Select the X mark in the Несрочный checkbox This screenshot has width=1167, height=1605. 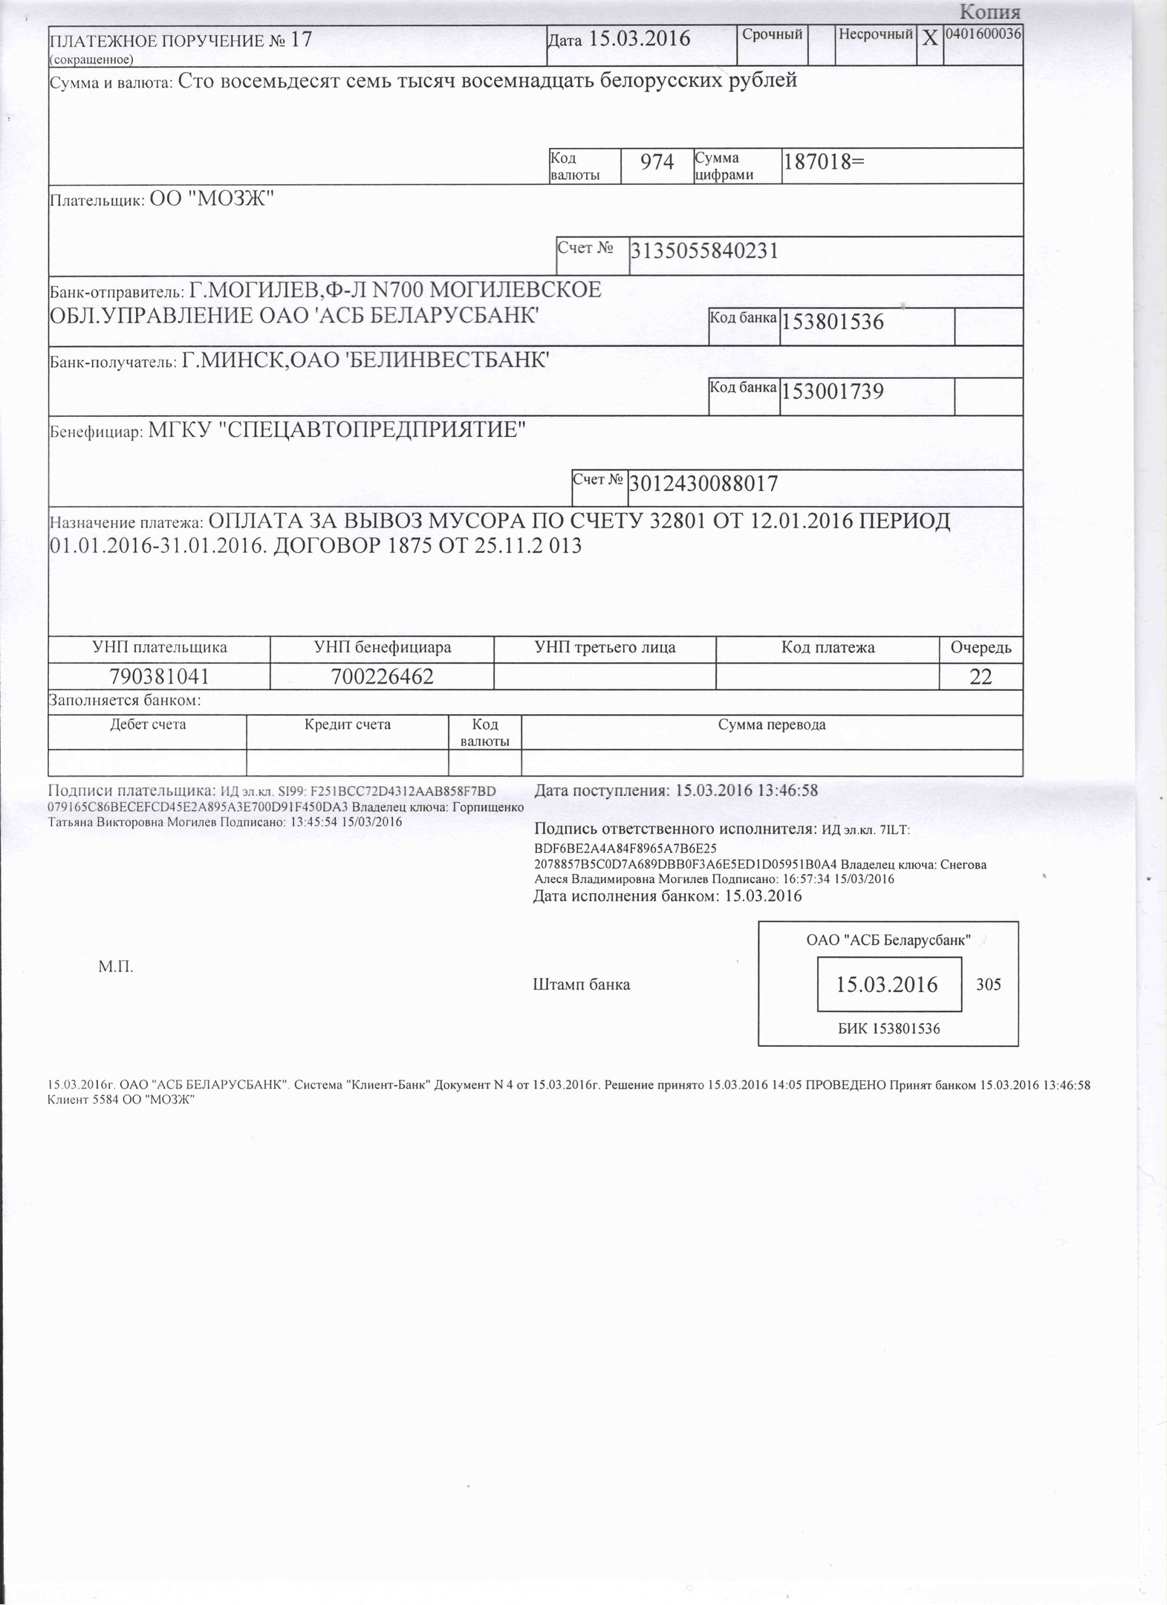tap(929, 39)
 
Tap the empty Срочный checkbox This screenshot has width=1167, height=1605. tap(820, 45)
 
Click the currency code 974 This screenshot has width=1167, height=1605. tap(657, 163)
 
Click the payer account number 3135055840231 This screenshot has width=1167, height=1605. tap(703, 251)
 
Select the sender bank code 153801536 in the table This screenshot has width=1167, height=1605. tap(832, 322)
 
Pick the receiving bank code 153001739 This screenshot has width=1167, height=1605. tap(832, 392)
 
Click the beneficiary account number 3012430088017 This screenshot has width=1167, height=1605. tap(703, 484)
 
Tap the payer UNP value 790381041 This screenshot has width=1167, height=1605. tap(159, 677)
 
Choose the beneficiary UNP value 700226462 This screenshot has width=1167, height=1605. tap(383, 677)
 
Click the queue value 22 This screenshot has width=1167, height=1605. tap(981, 677)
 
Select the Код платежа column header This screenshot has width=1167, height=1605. tap(828, 648)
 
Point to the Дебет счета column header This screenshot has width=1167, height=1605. tap(148, 724)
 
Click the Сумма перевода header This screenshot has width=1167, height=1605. tap(771, 724)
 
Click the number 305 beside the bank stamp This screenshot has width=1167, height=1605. tap(988, 985)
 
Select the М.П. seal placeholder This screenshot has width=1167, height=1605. tap(116, 967)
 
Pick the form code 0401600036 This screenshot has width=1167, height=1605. tap(983, 33)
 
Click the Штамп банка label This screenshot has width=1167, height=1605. tap(582, 985)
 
